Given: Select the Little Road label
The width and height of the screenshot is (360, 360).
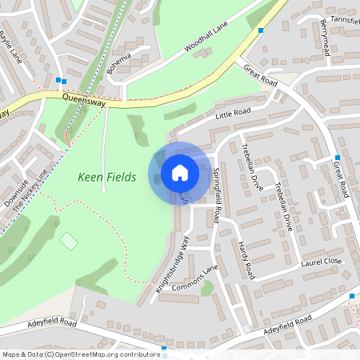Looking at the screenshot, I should coord(233,114).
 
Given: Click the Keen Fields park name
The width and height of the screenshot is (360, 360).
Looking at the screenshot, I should coord(107,177).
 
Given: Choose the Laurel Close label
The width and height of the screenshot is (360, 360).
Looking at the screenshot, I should coord(322,261).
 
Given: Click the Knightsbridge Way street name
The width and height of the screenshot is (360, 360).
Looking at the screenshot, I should coord(174,261).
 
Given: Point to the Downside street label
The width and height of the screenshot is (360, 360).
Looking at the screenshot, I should coord(15,193).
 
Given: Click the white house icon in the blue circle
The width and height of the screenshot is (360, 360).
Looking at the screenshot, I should coord(180,172).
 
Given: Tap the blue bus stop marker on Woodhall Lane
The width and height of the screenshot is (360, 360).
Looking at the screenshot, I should coord(261,30).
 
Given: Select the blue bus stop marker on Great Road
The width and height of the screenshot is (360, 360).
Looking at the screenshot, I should coord(338,158).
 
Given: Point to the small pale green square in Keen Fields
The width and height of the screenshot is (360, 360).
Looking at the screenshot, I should coord(70,240).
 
